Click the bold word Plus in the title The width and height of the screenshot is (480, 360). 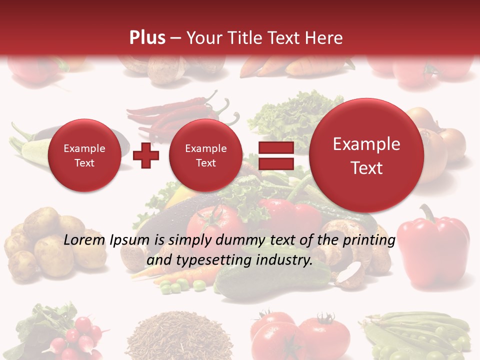click(147, 38)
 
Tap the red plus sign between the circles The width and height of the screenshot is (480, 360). click(146, 155)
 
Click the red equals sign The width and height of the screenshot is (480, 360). click(275, 155)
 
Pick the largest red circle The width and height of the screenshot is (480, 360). click(366, 155)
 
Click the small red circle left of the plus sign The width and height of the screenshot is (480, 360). click(84, 155)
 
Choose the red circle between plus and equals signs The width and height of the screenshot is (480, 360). click(205, 155)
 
